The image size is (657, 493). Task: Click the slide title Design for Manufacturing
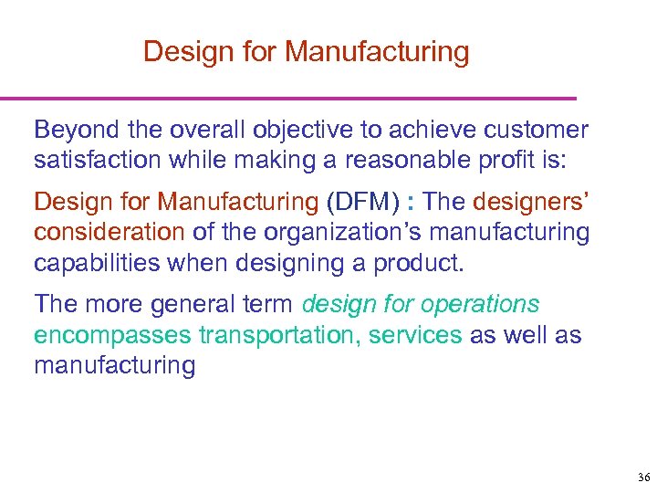(x=306, y=52)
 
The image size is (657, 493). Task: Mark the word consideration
(x=109, y=232)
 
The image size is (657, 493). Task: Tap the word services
(x=416, y=334)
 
